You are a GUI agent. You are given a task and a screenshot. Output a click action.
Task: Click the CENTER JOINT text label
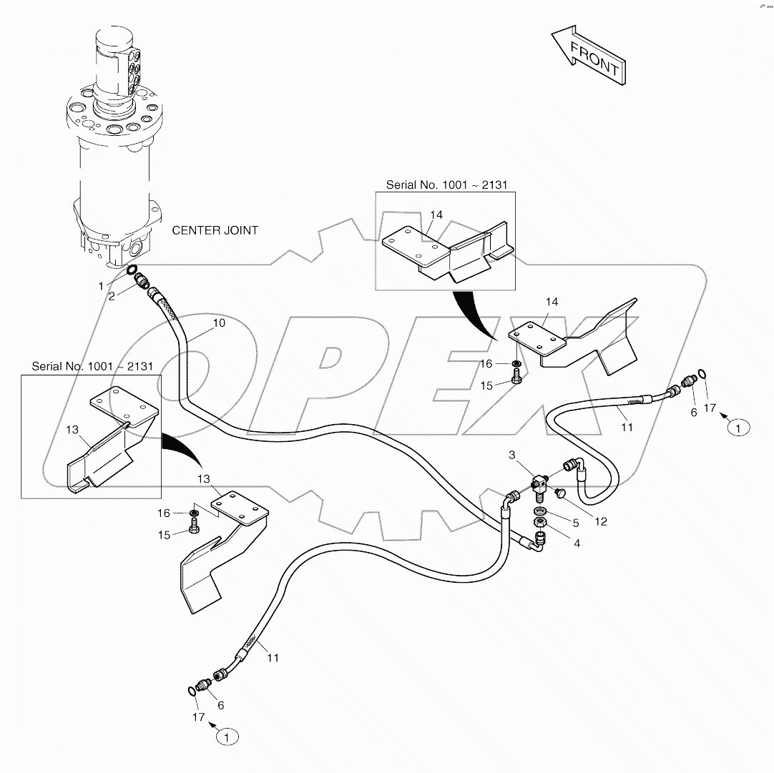point(215,230)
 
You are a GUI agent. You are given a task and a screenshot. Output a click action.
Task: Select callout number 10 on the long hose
point(219,323)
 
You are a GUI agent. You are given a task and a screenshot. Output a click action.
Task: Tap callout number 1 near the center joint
point(102,285)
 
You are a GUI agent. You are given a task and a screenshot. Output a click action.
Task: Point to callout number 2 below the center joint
point(112,295)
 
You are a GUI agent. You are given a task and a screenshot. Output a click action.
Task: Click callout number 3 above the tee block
point(512,455)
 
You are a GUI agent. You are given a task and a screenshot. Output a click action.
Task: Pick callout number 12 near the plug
point(601,521)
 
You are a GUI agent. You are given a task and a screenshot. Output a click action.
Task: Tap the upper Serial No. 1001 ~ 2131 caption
point(446,184)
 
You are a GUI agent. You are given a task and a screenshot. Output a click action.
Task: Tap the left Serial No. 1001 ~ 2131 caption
point(92,366)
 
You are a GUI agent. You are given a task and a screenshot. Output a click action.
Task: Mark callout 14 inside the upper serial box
point(436,215)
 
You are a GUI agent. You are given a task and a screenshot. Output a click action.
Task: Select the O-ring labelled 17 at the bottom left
point(191,689)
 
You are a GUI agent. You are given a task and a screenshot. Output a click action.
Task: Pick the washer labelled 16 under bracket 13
point(194,513)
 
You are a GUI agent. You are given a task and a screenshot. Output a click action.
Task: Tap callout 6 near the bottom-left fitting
point(220,705)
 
